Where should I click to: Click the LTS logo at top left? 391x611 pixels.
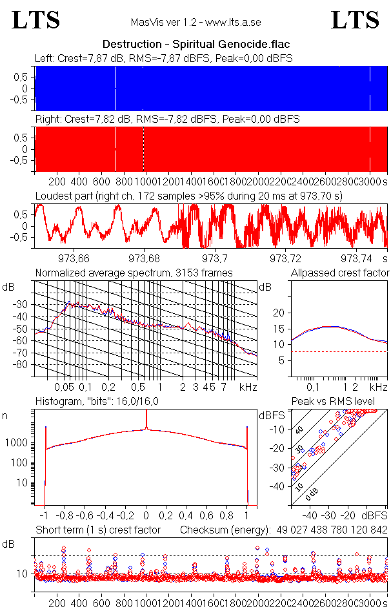[36, 20]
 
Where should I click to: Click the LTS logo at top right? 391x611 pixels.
[355, 20]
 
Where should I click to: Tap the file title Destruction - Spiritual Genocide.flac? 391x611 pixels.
[195, 45]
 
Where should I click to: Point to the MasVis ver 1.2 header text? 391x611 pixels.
[195, 23]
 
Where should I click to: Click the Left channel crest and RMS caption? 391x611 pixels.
[164, 59]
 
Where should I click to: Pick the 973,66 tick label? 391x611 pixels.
[75, 258]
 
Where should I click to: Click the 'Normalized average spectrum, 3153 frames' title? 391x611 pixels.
[134, 273]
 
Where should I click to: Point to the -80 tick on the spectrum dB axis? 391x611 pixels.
[21, 364]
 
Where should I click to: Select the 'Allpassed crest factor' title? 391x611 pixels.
[340, 273]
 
